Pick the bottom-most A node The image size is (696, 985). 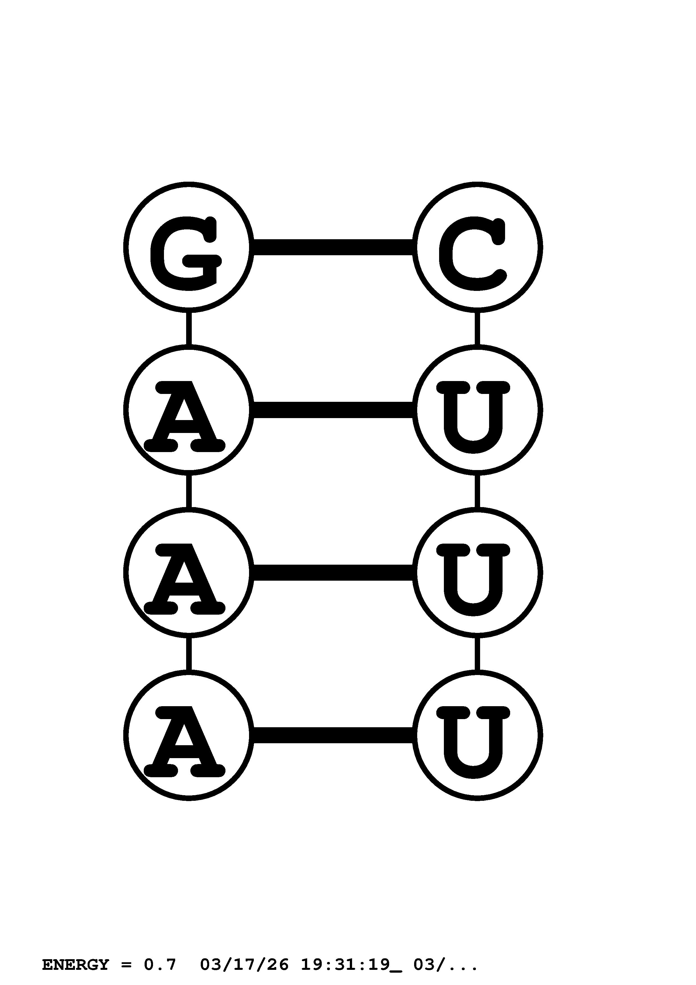[189, 735]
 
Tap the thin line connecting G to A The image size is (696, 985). [189, 328]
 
